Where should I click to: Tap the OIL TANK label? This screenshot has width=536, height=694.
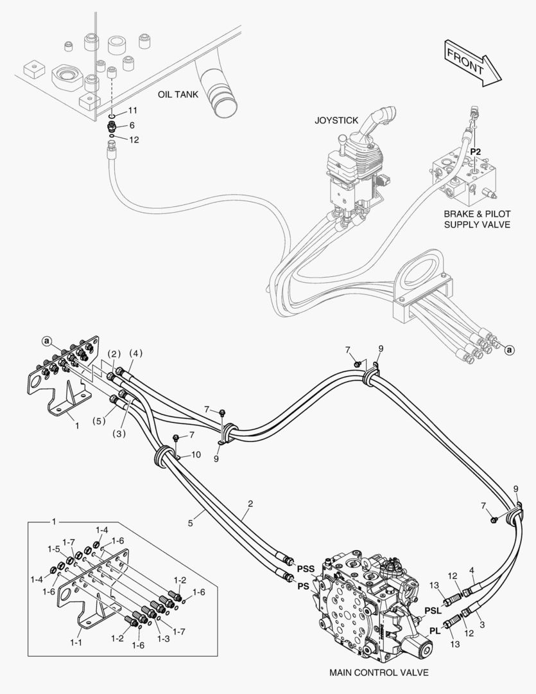point(178,94)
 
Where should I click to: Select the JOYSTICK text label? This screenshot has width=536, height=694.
point(336,120)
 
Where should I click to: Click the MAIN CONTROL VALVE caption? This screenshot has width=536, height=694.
point(379,673)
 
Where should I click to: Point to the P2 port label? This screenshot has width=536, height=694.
point(476,152)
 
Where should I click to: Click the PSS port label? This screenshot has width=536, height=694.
point(306,569)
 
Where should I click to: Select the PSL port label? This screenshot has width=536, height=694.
point(433,611)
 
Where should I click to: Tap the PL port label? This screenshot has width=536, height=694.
point(435,631)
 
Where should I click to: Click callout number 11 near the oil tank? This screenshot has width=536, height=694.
point(133,110)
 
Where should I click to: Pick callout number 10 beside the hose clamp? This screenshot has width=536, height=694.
point(196,454)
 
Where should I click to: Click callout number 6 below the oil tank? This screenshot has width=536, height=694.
point(132,125)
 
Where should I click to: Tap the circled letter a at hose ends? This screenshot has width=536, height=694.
point(510,350)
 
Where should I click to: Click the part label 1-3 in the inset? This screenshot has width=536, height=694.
point(164,639)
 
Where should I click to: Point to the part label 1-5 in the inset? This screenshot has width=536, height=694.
point(53,549)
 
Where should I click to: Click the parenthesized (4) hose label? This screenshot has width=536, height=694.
point(136,353)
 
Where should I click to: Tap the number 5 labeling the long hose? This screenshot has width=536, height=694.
point(190,523)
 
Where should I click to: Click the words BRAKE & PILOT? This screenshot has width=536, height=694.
point(477,214)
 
